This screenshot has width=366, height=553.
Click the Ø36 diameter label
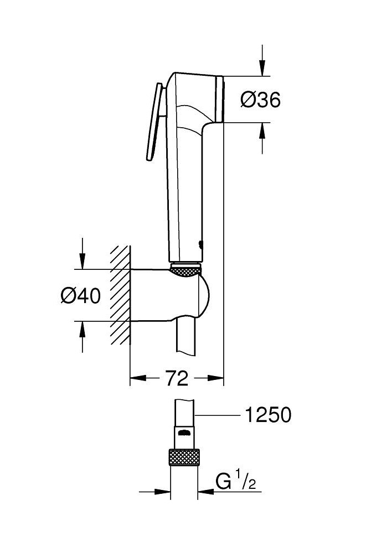260,100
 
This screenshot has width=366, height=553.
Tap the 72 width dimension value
176,379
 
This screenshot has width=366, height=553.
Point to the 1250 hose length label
267,415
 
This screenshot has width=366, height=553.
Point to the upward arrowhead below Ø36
262,129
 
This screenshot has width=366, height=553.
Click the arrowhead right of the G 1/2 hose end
204,491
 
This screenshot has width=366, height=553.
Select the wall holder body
166,296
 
